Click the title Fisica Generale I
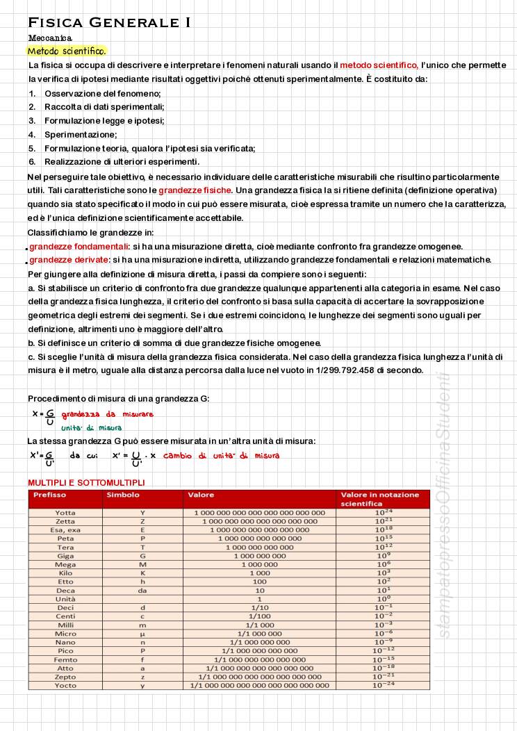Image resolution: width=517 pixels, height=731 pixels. pos(109,23)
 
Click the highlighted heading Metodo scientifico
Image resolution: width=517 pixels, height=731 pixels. pos(67,51)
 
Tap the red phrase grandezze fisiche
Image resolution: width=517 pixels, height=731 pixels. pos(195,190)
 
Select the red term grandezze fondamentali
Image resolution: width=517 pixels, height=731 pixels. pos(79,246)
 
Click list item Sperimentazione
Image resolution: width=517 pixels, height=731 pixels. pos(81,134)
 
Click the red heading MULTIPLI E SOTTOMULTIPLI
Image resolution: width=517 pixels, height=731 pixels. pos(86,482)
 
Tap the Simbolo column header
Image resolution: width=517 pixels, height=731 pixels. pos(123,495)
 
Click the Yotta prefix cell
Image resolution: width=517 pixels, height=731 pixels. pos(65,512)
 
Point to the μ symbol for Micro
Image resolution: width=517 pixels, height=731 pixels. pos(142,634)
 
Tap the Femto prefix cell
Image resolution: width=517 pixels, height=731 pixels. pos(65,659)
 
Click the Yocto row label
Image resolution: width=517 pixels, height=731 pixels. pos(65,685)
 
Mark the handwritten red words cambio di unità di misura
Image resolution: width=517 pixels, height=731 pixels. pos(221,456)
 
